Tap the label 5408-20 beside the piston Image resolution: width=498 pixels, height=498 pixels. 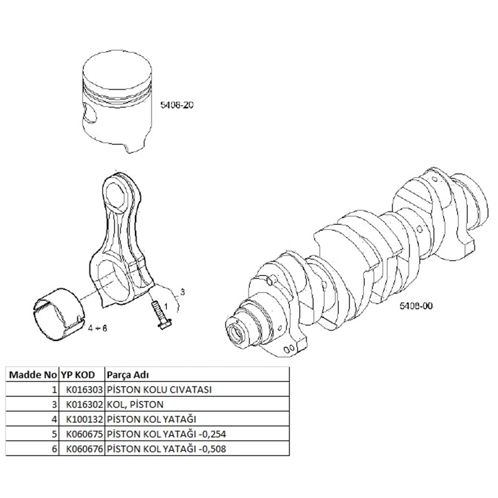pyautogui.click(x=177, y=105)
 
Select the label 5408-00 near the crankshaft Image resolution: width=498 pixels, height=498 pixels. pyautogui.click(x=416, y=306)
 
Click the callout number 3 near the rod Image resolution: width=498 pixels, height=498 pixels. pyautogui.click(x=182, y=292)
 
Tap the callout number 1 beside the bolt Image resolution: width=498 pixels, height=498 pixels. pyautogui.click(x=165, y=304)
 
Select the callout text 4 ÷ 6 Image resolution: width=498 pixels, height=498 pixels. pyautogui.click(x=98, y=328)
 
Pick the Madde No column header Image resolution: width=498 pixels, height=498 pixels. pyautogui.click(x=33, y=375)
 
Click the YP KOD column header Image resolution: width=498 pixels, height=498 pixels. pyautogui.click(x=78, y=375)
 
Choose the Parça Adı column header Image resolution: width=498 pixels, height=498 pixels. pyautogui.click(x=127, y=375)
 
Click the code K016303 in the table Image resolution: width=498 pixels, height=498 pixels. pyautogui.click(x=84, y=389)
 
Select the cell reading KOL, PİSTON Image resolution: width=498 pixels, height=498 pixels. pyautogui.click(x=135, y=404)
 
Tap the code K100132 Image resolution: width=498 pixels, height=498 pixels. pyautogui.click(x=84, y=419)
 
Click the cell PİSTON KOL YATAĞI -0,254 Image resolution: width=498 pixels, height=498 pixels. pyautogui.click(x=166, y=434)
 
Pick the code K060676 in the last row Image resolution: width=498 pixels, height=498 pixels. pyautogui.click(x=84, y=449)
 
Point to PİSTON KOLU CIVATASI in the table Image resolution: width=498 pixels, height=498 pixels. pyautogui.click(x=159, y=389)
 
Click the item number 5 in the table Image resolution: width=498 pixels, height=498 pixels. pyautogui.click(x=54, y=434)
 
